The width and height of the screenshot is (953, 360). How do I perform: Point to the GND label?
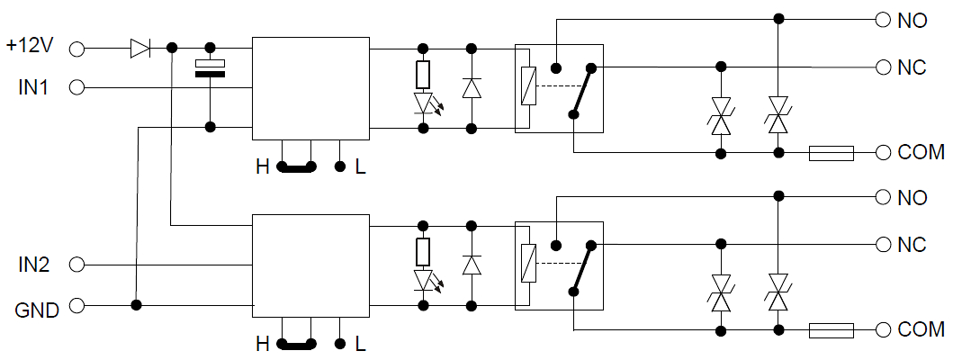point(37,310)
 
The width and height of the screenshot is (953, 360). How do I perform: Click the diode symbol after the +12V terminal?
point(140,48)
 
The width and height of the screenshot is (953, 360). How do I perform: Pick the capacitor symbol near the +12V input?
point(211,68)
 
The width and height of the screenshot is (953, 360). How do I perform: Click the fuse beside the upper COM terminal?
point(832,154)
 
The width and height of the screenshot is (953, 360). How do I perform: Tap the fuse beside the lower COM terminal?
point(832,331)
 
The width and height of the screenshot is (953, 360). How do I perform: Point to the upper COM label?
point(920,153)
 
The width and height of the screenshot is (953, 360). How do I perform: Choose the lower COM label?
point(920,330)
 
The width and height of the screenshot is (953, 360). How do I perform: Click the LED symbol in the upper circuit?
point(424,103)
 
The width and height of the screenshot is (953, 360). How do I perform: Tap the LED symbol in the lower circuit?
point(424,280)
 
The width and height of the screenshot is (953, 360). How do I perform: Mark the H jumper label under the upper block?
point(262,167)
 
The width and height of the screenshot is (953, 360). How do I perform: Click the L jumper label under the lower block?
point(360,345)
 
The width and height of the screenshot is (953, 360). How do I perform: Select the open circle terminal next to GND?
point(76,306)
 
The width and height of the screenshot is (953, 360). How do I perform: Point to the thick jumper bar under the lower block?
point(297,344)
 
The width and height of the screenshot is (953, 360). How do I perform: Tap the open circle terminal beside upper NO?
point(881,19)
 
